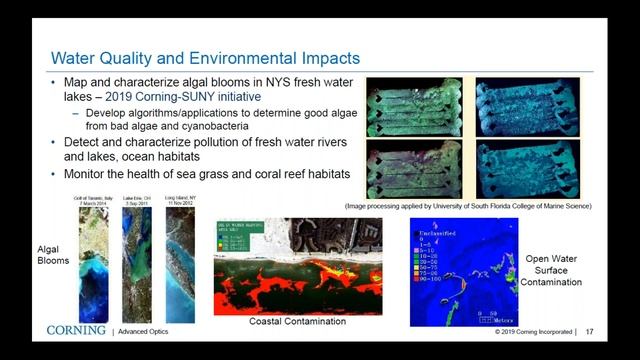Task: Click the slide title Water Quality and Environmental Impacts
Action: [205, 58]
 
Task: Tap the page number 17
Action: [590, 331]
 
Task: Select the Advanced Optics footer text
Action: [147, 331]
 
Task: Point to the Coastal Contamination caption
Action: [298, 321]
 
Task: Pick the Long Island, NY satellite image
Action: [176, 266]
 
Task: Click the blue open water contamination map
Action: [463, 273]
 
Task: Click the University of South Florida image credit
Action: [480, 205]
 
